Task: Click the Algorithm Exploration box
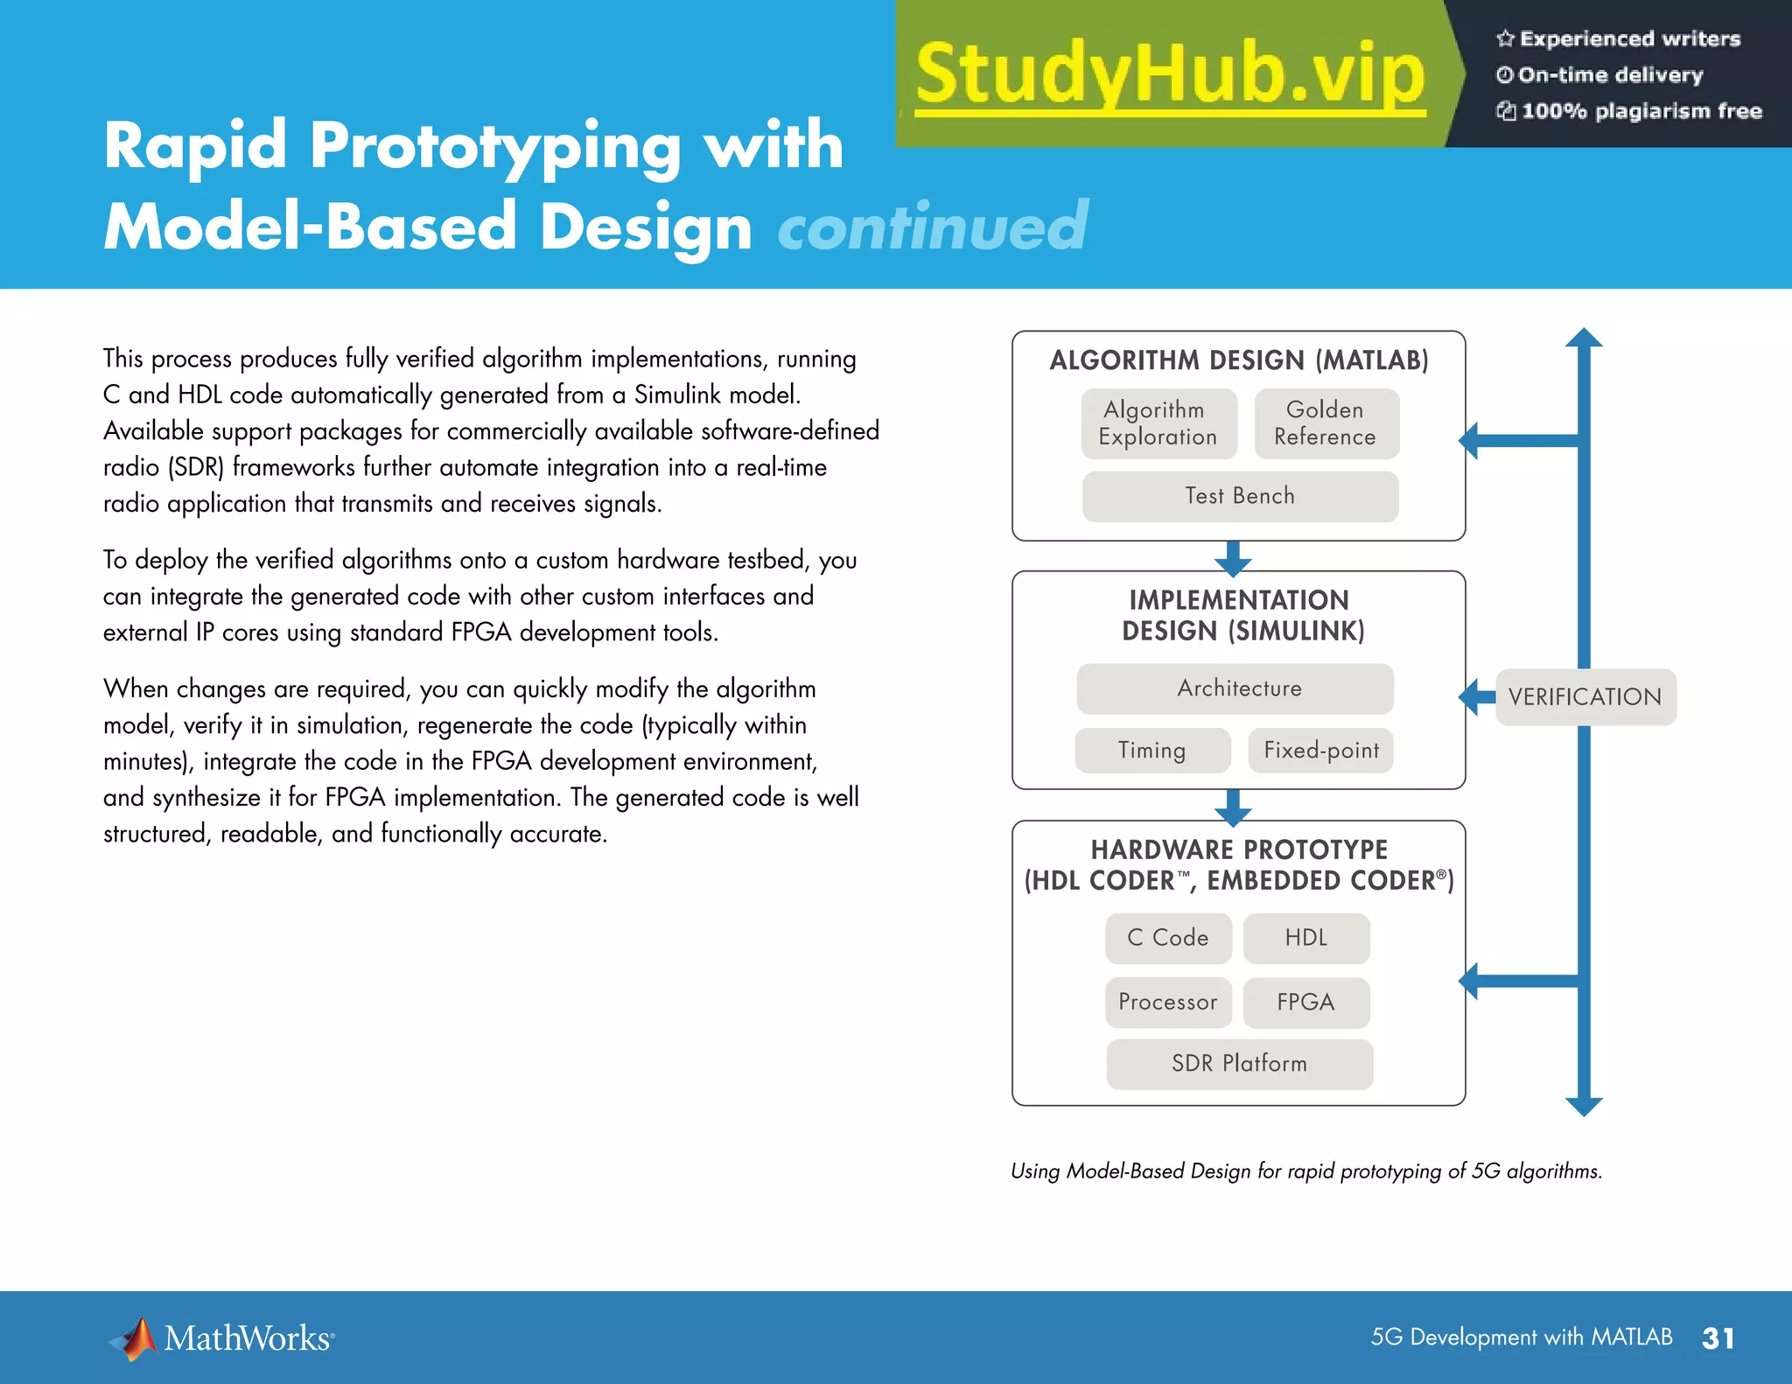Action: tap(1158, 423)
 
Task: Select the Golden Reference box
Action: tap(1326, 423)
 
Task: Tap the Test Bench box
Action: tap(1240, 496)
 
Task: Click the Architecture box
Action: tap(1235, 689)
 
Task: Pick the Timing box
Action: tap(1152, 750)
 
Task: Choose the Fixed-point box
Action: tap(1320, 750)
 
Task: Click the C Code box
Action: tap(1168, 938)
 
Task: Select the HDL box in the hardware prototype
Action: tap(1305, 938)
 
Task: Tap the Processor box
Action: tap(1168, 1002)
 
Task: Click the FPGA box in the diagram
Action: tap(1305, 1002)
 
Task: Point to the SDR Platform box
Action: tap(1239, 1064)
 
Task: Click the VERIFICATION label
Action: tap(1585, 697)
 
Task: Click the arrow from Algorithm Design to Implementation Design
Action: tap(1233, 557)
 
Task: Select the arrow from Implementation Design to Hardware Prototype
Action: tap(1233, 807)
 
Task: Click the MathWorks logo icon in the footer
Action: tap(135, 1339)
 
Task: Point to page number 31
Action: tap(1718, 1339)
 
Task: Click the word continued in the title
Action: tap(933, 227)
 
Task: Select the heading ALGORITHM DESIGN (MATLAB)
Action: tap(1239, 360)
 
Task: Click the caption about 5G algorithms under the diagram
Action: tap(1305, 1171)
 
